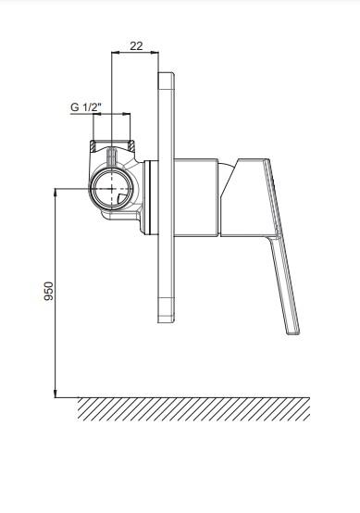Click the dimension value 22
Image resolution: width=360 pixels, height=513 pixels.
pyautogui.click(x=136, y=46)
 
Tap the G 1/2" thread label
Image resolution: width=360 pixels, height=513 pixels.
pyautogui.click(x=86, y=107)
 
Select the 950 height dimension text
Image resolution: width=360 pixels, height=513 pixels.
pyautogui.click(x=49, y=291)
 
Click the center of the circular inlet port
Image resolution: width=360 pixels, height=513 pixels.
pyautogui.click(x=112, y=189)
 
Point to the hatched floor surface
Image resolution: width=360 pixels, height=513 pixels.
pyautogui.click(x=193, y=409)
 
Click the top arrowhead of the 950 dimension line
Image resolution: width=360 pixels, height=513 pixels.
pyautogui.click(x=56, y=192)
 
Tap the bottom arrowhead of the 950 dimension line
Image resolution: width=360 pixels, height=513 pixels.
pyautogui.click(x=56, y=394)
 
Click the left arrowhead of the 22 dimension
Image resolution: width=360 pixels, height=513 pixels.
pyautogui.click(x=115, y=52)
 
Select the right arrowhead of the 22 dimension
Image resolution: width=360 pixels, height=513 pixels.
pyautogui.click(x=155, y=52)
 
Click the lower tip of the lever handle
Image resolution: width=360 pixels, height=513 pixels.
pyautogui.click(x=293, y=332)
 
